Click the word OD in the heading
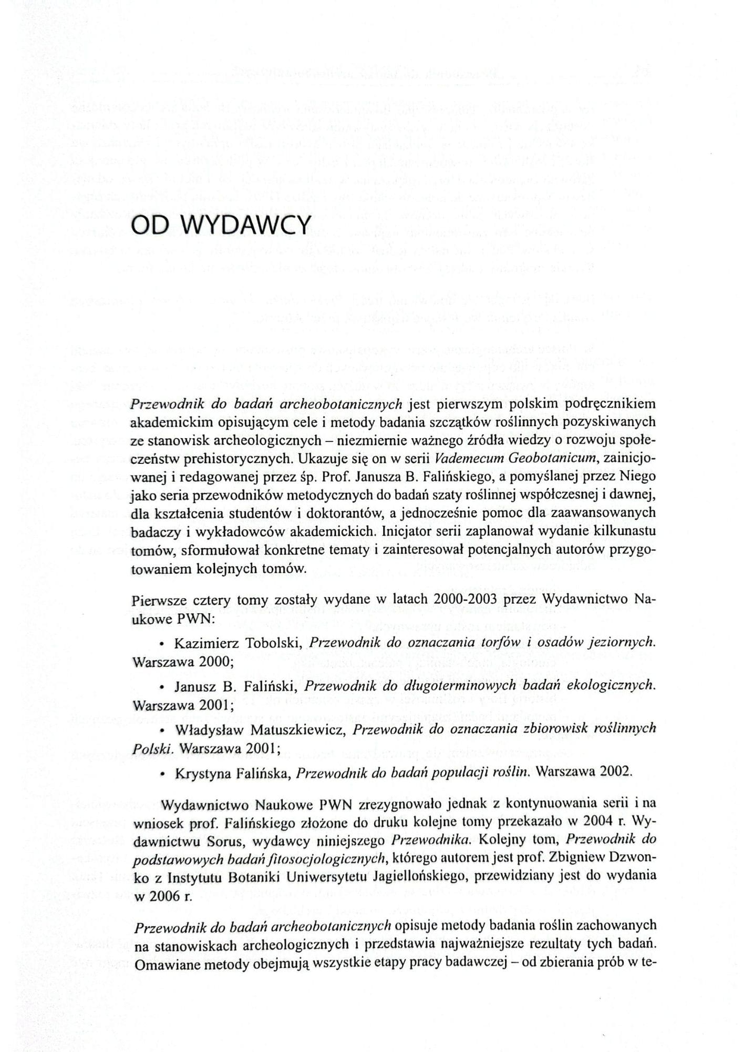pos(149,226)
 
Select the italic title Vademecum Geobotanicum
pos(515,458)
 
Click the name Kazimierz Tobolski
pos(238,643)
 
